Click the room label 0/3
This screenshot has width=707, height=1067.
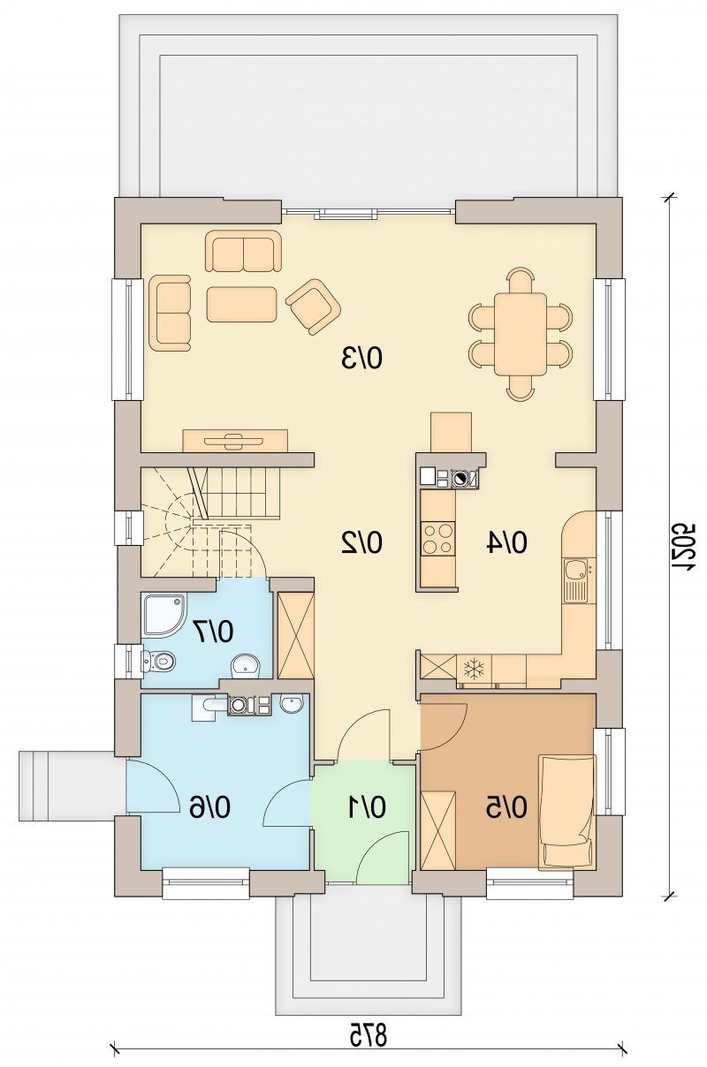point(362,358)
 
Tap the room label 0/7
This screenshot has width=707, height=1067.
point(213,632)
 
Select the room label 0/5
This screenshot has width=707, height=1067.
point(507,807)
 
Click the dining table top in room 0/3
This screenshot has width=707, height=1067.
point(521,334)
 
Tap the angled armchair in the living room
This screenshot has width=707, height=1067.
point(313,306)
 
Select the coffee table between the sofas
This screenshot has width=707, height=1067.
point(241,304)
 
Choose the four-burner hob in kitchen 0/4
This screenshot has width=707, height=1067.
point(438,538)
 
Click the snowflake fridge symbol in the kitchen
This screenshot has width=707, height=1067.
point(475,669)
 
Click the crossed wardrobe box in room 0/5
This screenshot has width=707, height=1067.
point(438,829)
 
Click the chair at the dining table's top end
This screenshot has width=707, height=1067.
point(521,281)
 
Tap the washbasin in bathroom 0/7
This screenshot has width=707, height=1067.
point(246,665)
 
